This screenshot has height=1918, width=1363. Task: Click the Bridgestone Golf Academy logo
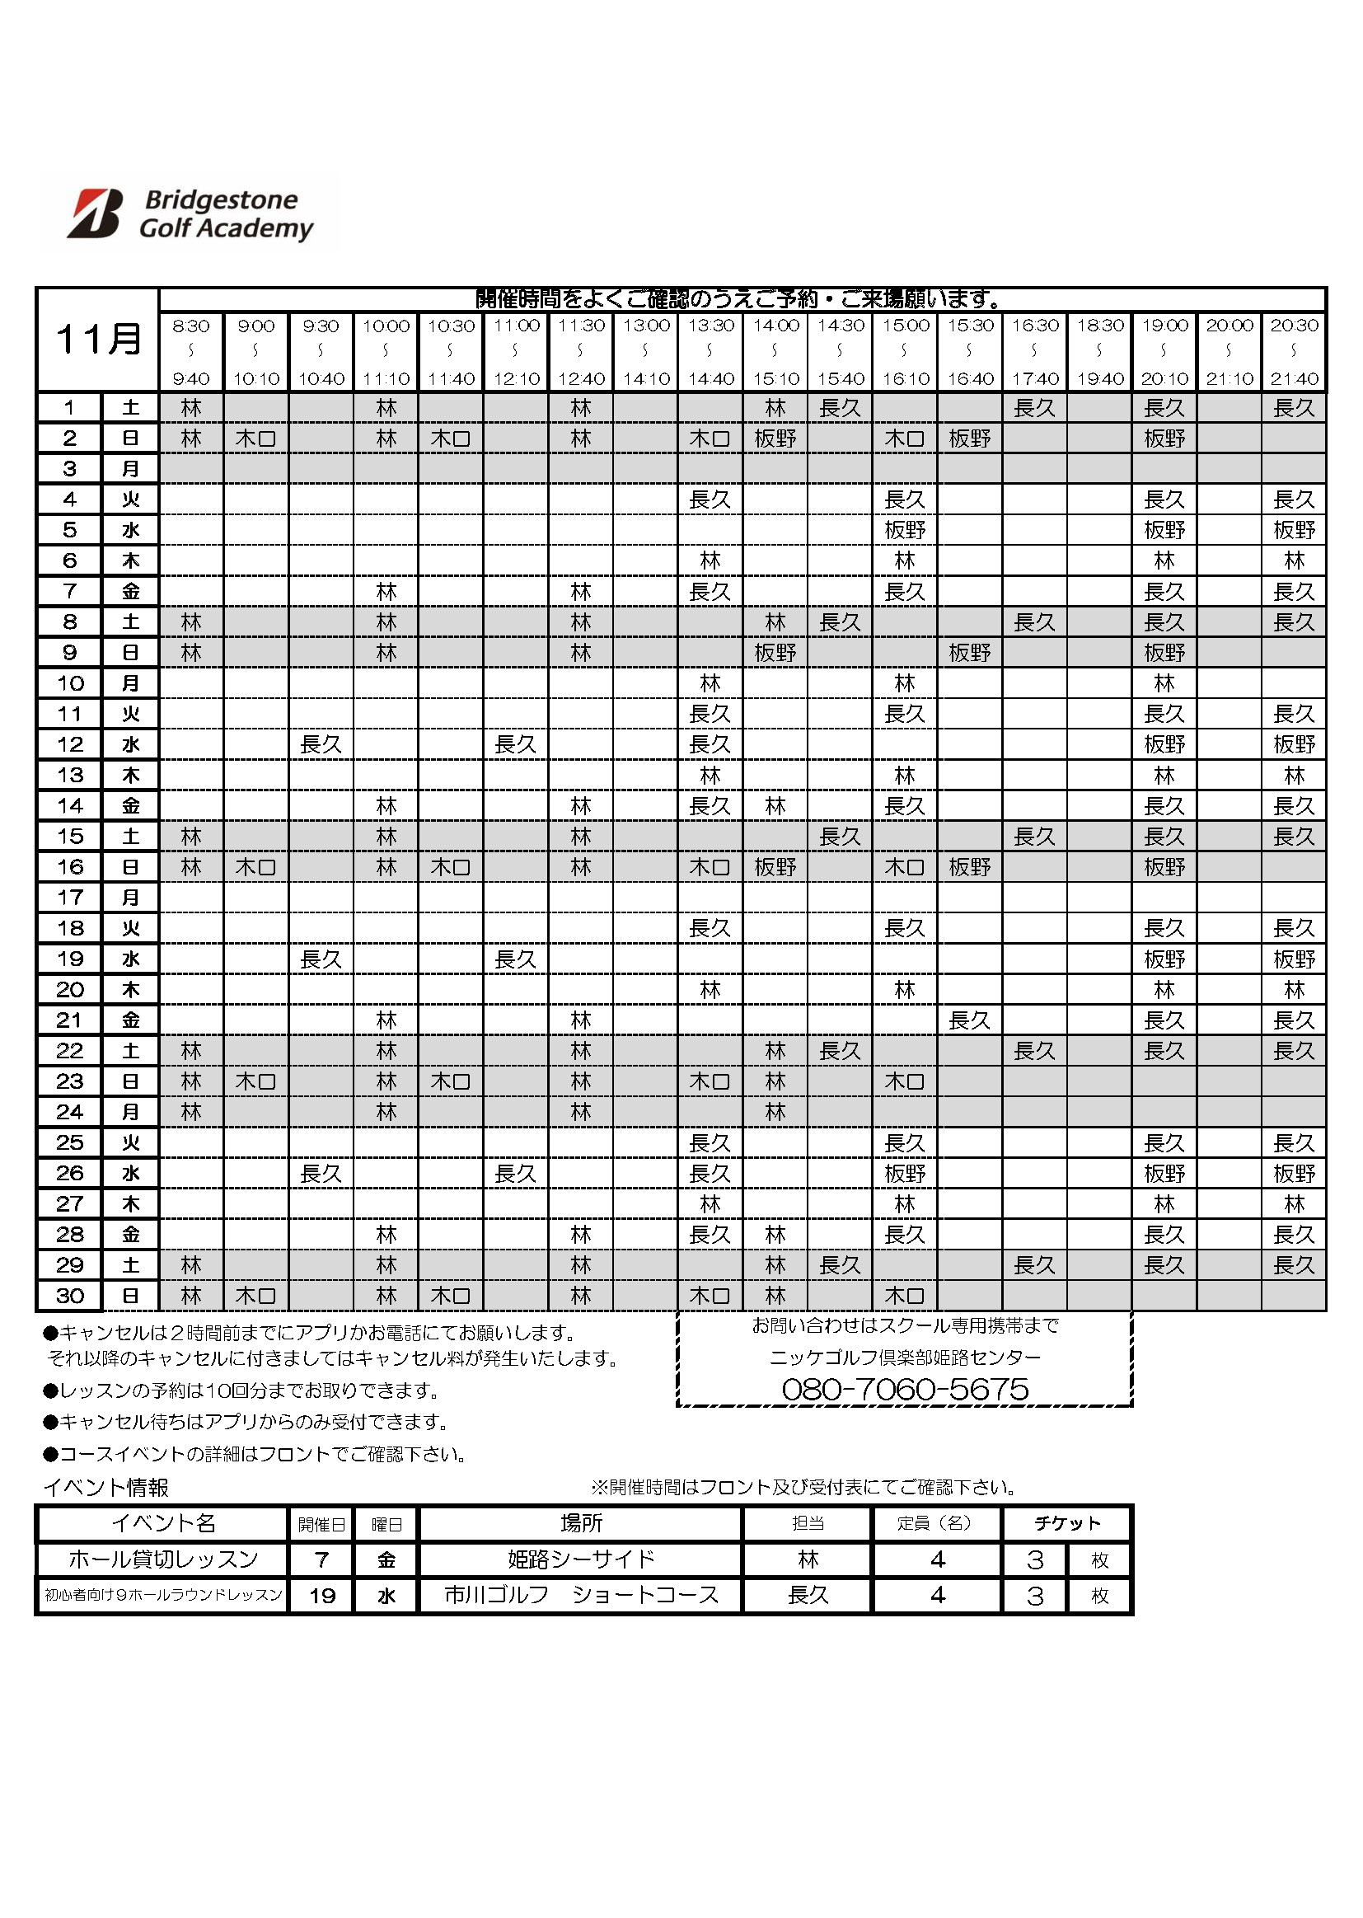190,214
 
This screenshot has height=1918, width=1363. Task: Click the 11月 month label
98,339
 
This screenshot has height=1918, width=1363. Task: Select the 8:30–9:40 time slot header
191,352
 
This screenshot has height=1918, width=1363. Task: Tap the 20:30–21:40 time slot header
1293,352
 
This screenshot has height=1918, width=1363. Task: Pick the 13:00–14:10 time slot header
646,352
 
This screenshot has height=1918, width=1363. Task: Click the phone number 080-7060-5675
905,1389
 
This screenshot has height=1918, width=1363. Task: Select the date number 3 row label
70,468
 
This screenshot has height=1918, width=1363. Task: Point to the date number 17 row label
70,898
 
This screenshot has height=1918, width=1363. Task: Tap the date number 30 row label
70,1295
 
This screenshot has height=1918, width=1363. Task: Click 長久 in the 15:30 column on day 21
969,1020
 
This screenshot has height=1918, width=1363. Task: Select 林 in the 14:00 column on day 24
775,1112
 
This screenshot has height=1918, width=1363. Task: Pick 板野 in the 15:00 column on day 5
905,530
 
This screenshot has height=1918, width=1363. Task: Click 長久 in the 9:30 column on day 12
321,744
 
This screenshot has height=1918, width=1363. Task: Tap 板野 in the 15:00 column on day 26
905,1174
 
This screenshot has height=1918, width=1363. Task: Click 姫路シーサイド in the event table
581,1559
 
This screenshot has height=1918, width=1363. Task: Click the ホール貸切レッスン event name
164,1559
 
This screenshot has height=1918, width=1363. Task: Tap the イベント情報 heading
106,1488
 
